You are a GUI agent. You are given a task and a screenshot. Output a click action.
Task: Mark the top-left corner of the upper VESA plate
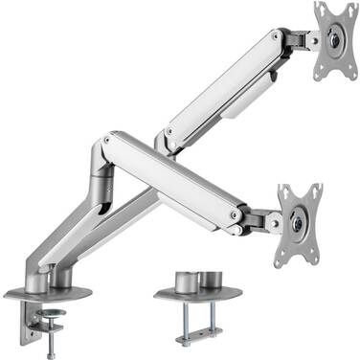click(318, 8)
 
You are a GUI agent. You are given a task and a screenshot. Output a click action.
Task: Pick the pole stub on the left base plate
click(65, 278)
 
